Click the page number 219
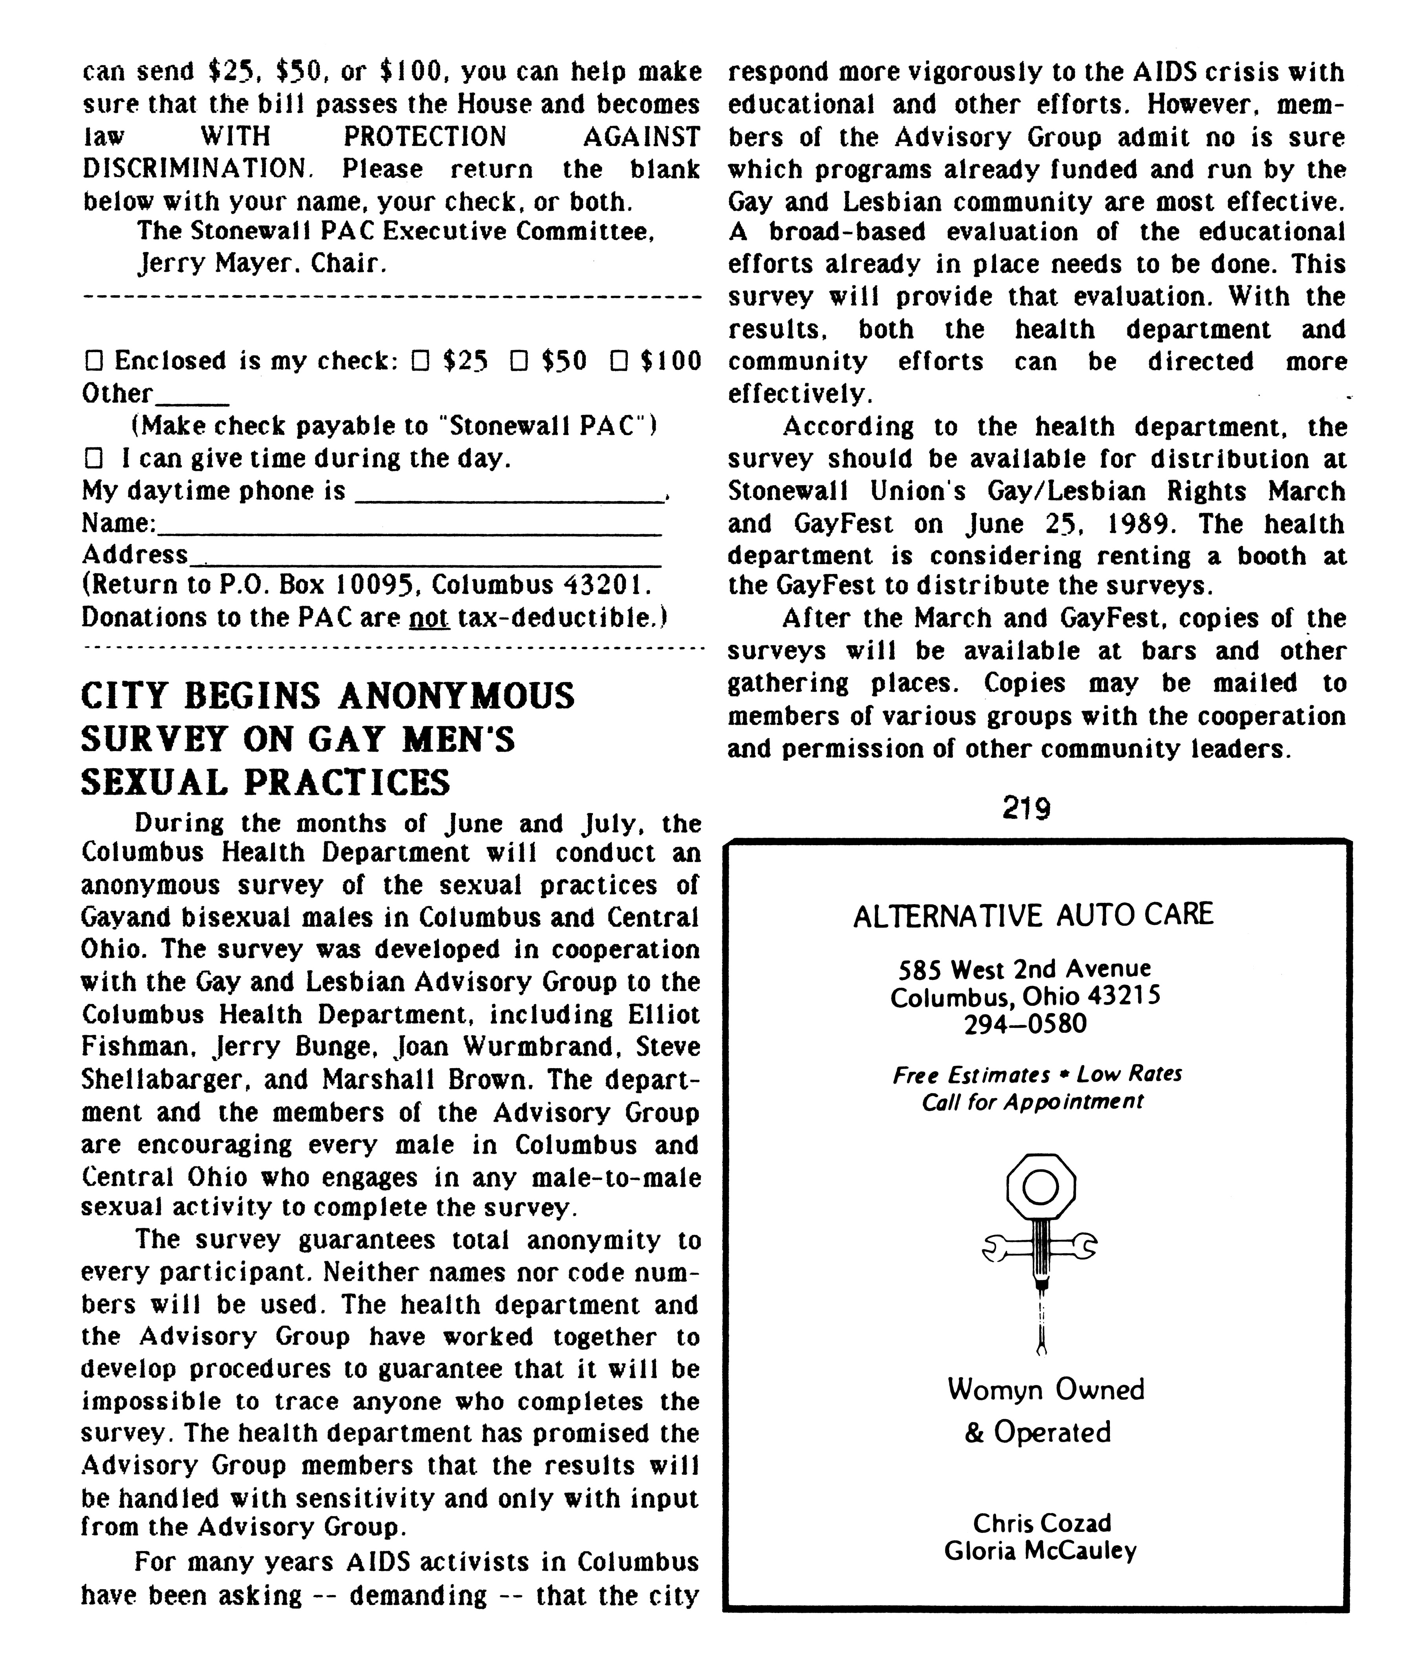pyautogui.click(x=1026, y=809)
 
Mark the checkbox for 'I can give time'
pyautogui.click(x=93, y=459)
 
